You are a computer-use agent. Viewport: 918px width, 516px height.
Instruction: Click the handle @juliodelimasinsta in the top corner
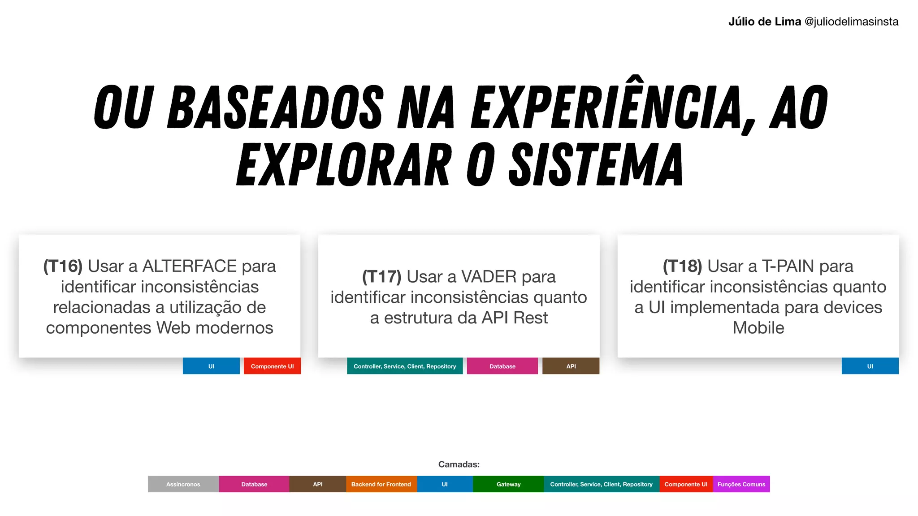tap(851, 21)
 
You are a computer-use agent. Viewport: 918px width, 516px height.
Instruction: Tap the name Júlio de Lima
tap(764, 21)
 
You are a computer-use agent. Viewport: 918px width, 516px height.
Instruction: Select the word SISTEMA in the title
tap(596, 165)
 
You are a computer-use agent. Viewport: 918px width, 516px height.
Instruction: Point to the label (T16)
tap(63, 266)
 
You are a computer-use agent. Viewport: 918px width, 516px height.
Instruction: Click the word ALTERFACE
tap(190, 266)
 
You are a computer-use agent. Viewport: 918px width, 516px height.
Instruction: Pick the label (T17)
tap(381, 277)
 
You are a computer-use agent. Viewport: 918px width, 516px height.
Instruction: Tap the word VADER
tap(489, 277)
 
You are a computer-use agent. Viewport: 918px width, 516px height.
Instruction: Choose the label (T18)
tap(682, 266)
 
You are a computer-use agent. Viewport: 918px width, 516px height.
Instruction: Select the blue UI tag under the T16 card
tap(211, 366)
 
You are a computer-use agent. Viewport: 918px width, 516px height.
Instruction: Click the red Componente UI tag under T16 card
tap(272, 366)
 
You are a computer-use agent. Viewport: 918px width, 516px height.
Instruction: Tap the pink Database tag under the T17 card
tap(502, 366)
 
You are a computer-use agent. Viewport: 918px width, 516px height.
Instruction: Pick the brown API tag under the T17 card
tap(571, 366)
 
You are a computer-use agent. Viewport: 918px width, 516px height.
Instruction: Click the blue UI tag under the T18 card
tap(870, 366)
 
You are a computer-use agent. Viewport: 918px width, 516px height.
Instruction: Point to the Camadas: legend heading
tap(459, 464)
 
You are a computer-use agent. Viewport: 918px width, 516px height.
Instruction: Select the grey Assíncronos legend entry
tap(183, 484)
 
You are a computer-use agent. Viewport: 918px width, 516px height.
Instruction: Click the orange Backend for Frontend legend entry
tap(381, 484)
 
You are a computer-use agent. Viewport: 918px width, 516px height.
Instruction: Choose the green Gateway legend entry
tap(508, 484)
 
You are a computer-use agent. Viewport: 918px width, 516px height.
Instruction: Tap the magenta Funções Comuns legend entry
tap(741, 484)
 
